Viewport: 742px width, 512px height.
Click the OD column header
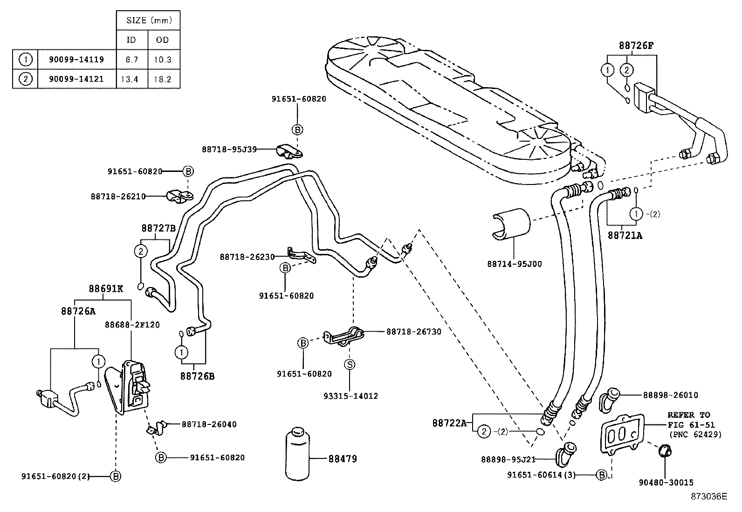[x=163, y=40]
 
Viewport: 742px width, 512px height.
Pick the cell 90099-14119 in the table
[x=76, y=60]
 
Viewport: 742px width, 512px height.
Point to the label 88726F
[x=636, y=46]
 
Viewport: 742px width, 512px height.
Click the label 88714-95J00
[x=515, y=264]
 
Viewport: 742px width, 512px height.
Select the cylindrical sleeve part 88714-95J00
[x=511, y=225]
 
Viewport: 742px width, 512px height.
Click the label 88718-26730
[x=413, y=332]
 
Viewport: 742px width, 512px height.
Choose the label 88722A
[x=449, y=423]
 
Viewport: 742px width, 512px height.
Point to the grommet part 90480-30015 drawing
[x=664, y=451]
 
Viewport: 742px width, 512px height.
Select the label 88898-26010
[x=670, y=395]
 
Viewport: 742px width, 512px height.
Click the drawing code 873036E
[x=708, y=497]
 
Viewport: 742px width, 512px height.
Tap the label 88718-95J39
[x=229, y=149]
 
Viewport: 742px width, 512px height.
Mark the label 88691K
[x=106, y=288]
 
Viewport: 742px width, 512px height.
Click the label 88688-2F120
[x=132, y=325]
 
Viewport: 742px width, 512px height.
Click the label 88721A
[x=625, y=236]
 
